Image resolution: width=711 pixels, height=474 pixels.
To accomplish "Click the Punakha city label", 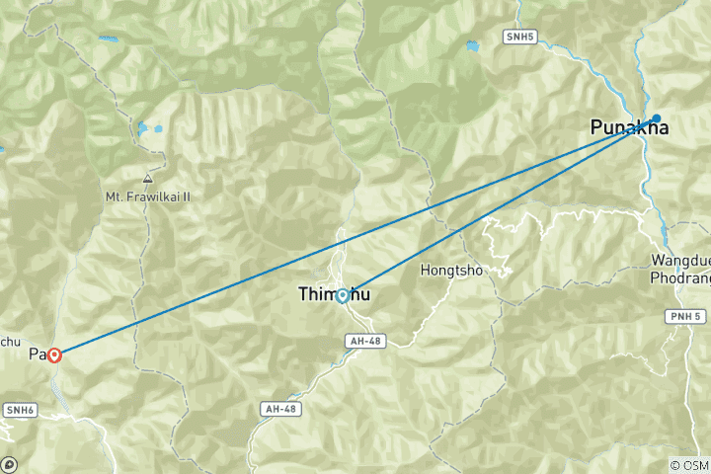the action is pyautogui.click(x=629, y=127).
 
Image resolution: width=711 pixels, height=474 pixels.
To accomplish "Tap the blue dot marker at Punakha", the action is pyautogui.click(x=656, y=118).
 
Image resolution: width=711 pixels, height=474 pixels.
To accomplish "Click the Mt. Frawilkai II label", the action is pyautogui.click(x=148, y=197).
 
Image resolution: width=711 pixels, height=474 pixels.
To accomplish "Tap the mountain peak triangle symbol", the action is pyautogui.click(x=147, y=180).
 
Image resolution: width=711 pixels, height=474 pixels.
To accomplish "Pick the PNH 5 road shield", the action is pyautogui.click(x=683, y=316).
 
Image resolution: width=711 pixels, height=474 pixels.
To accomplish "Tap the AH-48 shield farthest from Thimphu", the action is pyautogui.click(x=279, y=408).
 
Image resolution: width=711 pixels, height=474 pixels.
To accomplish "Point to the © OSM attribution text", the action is pyautogui.click(x=688, y=465).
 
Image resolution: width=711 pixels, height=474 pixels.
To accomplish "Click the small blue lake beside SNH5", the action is pyautogui.click(x=472, y=46).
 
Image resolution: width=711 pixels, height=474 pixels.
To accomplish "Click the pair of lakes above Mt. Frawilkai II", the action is pyautogui.click(x=150, y=128).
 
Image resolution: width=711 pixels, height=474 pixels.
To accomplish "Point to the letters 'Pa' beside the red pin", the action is pyautogui.click(x=37, y=354).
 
